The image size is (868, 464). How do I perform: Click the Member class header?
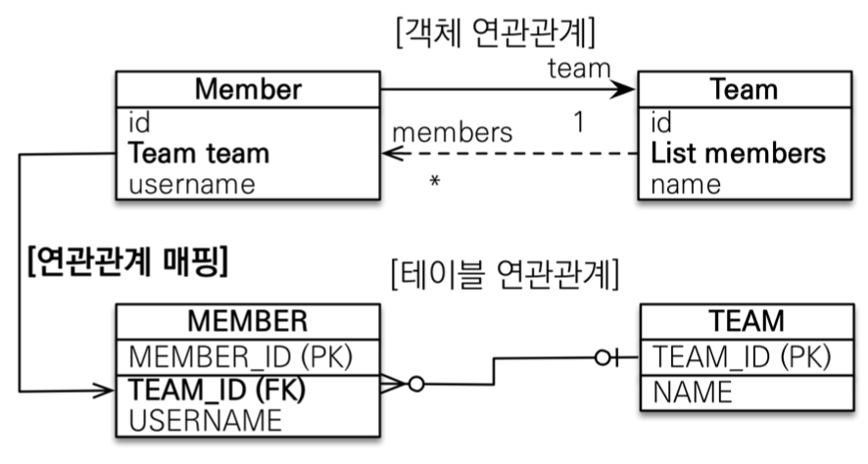248,90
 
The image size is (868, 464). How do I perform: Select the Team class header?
744,90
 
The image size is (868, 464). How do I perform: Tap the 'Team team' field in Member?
199,154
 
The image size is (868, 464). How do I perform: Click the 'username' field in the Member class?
192,183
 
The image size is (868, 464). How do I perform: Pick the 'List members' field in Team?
738,154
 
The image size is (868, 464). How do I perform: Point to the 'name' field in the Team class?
686,183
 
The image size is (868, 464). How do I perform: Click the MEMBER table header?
248,321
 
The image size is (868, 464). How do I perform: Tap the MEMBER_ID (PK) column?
241,355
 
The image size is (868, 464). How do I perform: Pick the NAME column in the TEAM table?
693,392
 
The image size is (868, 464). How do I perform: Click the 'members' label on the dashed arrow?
452,130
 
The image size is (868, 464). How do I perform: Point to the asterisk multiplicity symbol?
434,183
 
